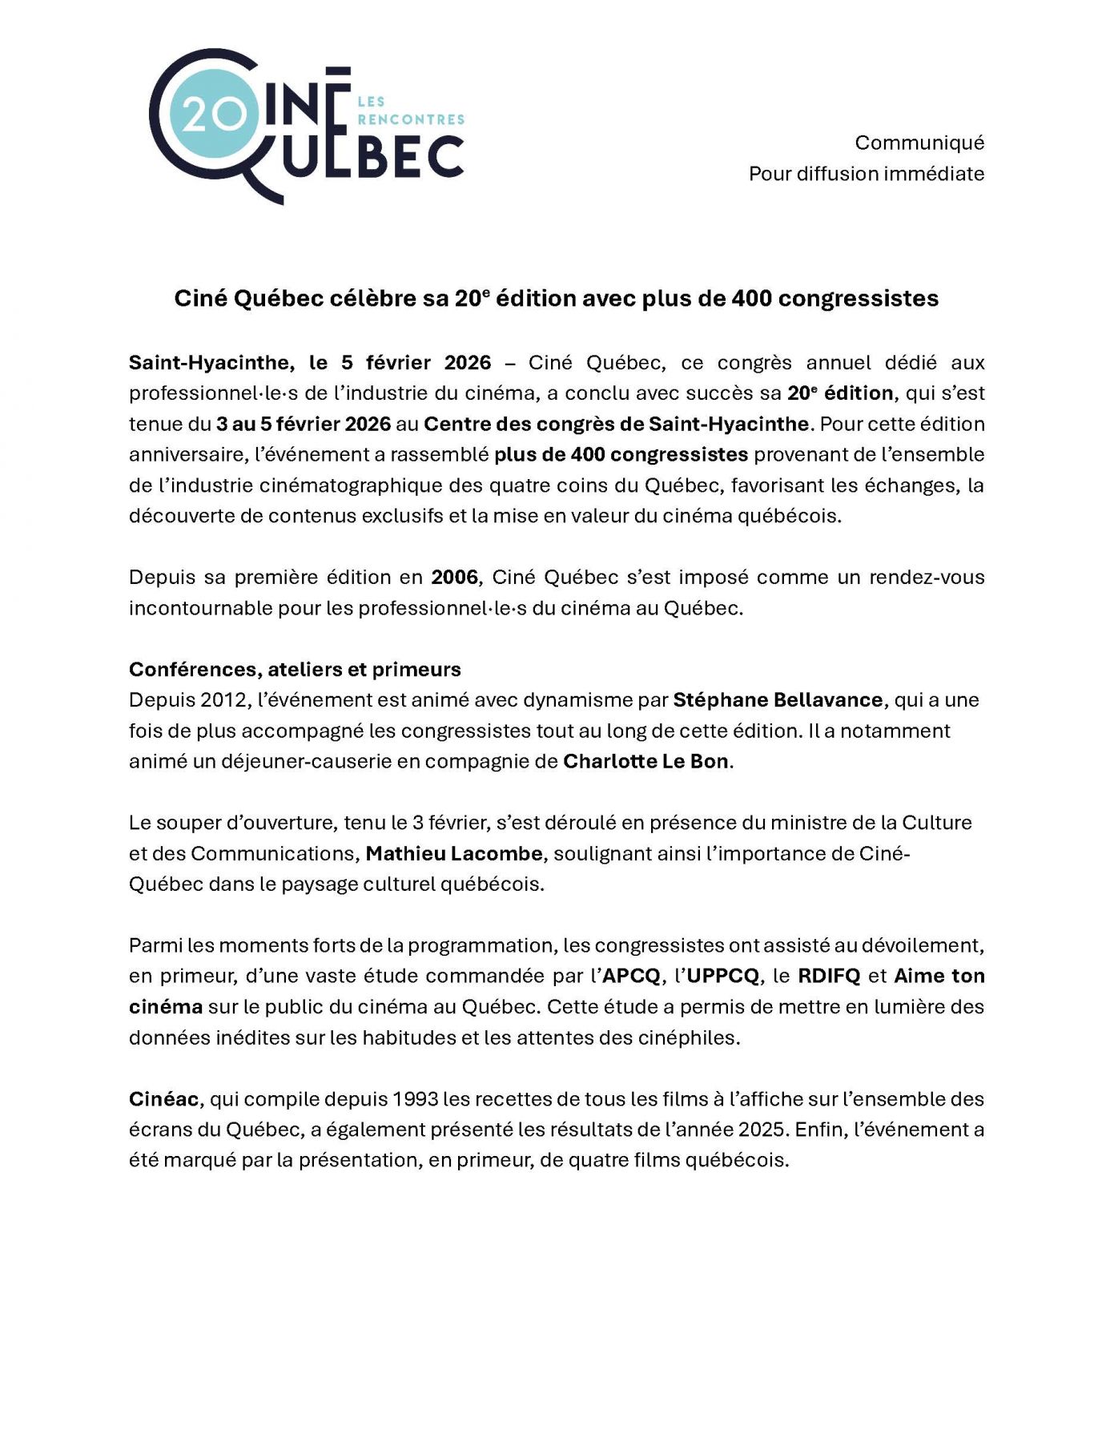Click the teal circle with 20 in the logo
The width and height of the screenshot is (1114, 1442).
pos(215,116)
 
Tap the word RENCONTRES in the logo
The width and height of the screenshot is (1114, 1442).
pos(411,119)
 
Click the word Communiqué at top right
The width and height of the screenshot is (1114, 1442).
pos(919,143)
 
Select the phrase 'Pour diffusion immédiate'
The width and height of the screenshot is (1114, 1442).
pos(866,174)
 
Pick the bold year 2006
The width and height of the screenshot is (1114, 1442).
pos(455,578)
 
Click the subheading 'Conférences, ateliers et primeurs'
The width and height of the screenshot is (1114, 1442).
pos(295,670)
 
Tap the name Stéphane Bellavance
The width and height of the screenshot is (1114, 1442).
pos(778,700)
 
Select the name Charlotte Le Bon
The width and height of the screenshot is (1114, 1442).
pos(645,762)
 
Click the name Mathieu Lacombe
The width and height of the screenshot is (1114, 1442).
pos(454,854)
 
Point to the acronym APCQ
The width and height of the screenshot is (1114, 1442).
pos(631,977)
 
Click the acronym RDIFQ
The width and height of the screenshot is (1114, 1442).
pos(829,977)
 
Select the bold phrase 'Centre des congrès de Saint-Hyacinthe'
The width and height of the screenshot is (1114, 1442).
pos(616,424)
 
